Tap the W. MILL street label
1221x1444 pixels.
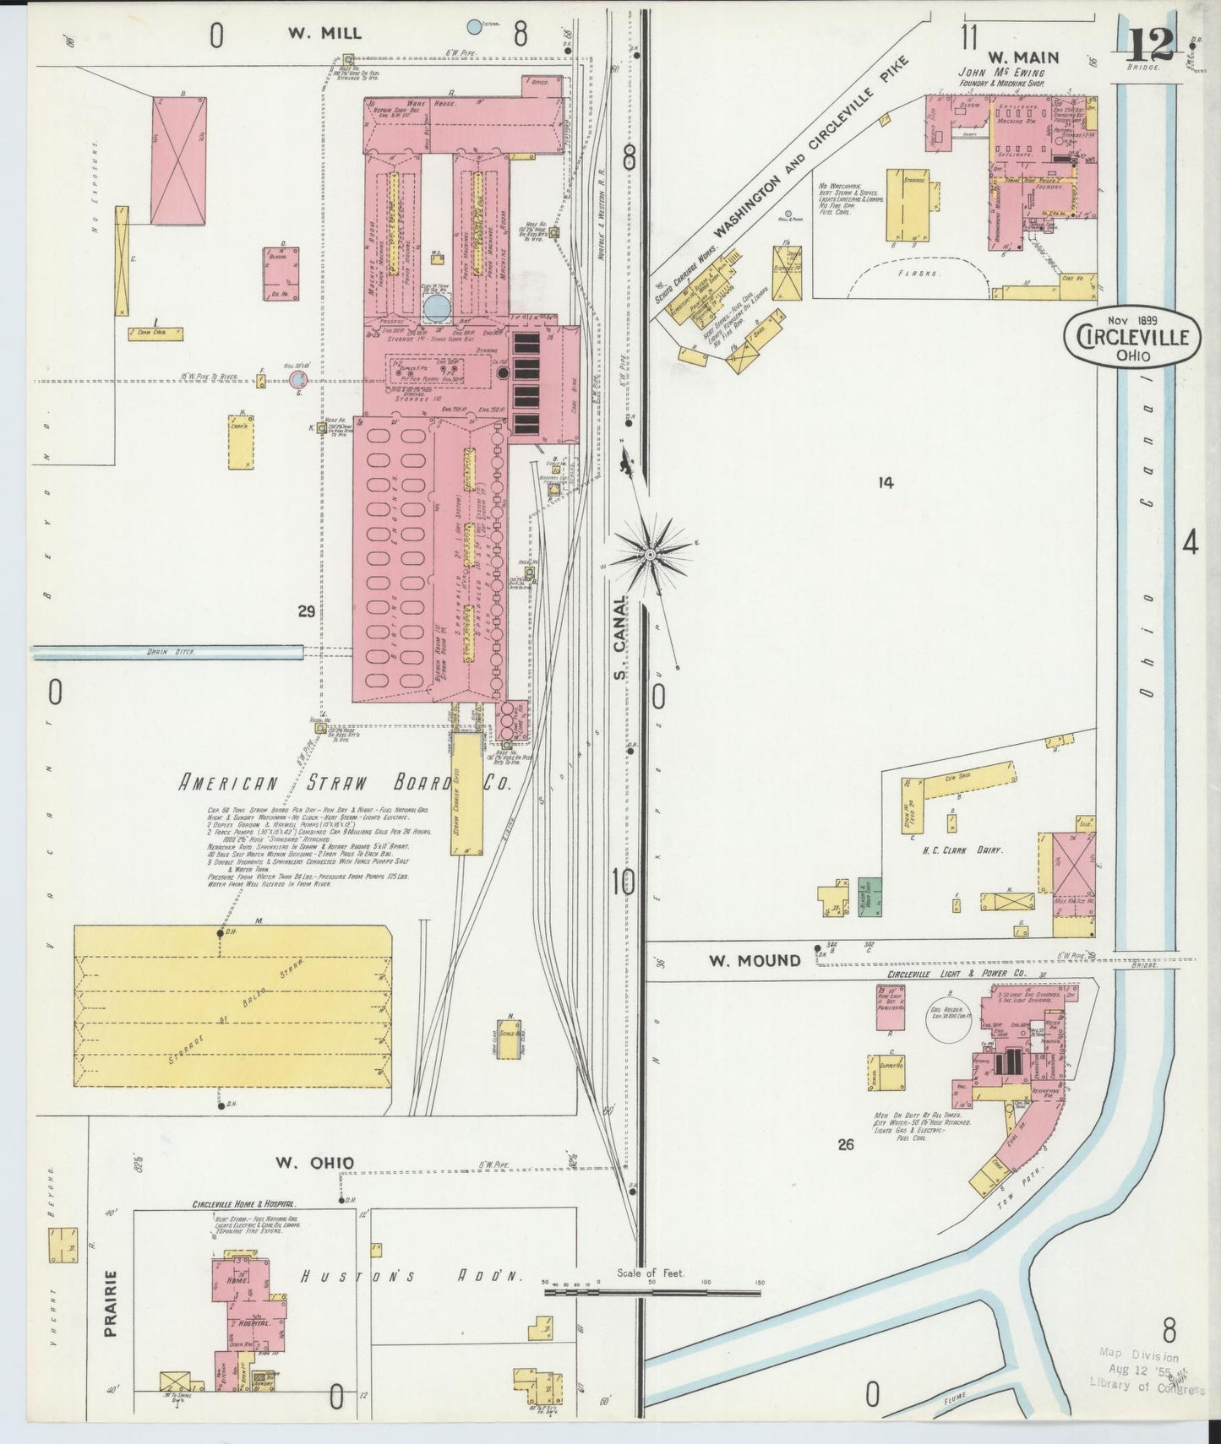(324, 34)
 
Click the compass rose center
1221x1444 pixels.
(651, 554)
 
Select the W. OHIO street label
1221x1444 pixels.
(314, 1163)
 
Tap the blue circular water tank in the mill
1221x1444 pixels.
(438, 308)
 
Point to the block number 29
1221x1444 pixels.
(306, 611)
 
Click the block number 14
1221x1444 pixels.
(885, 483)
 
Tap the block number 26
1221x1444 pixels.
(846, 1144)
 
